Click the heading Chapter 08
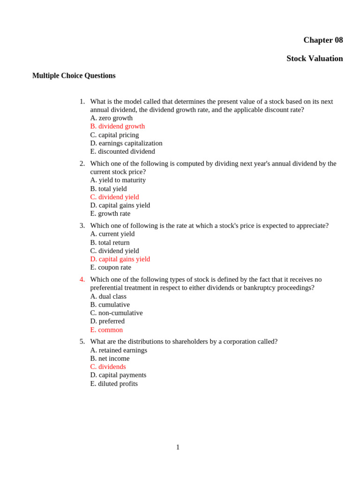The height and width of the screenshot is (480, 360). (323, 40)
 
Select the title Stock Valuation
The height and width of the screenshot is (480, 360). (315, 59)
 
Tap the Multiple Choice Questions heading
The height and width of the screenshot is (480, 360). (74, 76)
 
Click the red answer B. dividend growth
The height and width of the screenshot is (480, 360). (117, 127)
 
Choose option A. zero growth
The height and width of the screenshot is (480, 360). (111, 118)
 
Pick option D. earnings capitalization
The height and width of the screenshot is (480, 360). (126, 143)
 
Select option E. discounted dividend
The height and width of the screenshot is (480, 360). (122, 152)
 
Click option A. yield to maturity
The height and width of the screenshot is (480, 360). (118, 180)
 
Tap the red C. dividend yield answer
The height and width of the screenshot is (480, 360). (114, 197)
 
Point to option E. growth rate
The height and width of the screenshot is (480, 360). (110, 214)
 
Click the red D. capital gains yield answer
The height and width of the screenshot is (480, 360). (120, 259)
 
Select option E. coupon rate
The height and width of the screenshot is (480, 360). (111, 268)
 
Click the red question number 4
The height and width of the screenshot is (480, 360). (82, 280)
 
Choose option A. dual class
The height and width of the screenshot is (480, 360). (108, 297)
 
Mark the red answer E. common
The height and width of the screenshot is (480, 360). (106, 330)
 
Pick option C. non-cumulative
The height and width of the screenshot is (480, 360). (116, 313)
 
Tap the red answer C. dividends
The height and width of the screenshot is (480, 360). (108, 367)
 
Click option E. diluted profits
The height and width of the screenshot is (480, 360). (114, 384)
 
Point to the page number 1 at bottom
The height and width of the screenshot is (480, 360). (178, 448)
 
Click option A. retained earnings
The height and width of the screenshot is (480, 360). (119, 351)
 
